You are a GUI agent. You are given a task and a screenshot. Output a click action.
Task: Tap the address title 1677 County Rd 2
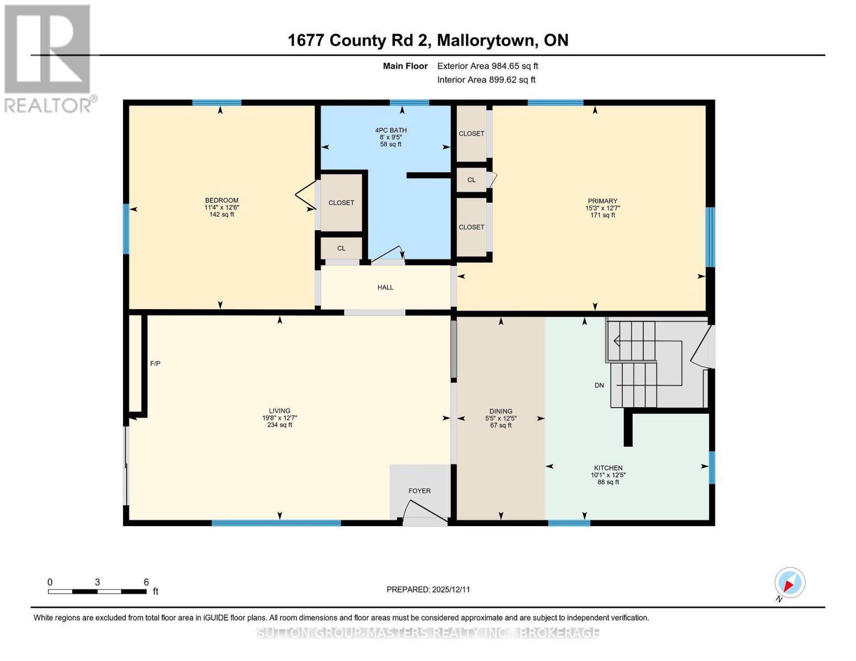[428, 40]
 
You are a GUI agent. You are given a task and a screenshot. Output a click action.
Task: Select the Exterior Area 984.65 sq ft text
[487, 66]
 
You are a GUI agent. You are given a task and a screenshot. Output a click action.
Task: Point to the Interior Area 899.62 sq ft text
[486, 80]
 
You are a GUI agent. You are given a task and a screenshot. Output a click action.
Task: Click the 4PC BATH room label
[391, 137]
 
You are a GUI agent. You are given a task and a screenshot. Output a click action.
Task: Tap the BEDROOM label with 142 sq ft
[222, 207]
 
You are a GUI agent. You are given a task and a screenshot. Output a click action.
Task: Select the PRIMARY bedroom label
[602, 208]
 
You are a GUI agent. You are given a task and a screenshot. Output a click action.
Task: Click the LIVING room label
[279, 418]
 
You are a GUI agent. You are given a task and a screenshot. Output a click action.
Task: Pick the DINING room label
[500, 418]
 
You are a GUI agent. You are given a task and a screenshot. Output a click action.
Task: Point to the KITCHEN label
[608, 474]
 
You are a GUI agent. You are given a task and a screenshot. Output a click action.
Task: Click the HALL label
[385, 288]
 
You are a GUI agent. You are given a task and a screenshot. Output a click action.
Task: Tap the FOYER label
[419, 491]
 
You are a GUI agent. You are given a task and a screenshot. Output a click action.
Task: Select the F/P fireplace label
[155, 364]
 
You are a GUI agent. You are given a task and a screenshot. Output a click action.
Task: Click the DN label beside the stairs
[599, 386]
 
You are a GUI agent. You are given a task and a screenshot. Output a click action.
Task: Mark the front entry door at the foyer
[424, 512]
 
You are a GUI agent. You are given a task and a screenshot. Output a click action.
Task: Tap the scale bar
[97, 592]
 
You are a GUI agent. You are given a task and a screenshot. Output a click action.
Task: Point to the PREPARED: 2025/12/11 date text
[428, 589]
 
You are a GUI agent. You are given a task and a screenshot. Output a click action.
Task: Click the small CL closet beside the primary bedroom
[471, 180]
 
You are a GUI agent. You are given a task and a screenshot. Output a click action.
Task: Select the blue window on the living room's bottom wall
[276, 523]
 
